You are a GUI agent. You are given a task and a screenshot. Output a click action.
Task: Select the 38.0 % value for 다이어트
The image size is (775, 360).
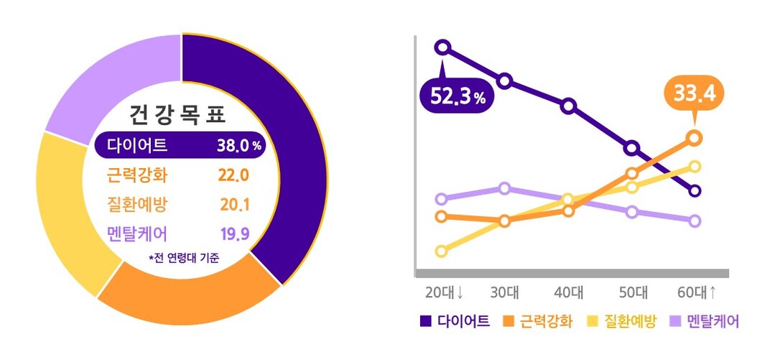click(238, 146)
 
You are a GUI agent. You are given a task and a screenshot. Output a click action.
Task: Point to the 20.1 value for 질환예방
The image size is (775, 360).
click(234, 205)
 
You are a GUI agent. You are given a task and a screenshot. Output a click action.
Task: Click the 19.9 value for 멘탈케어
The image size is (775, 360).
click(234, 234)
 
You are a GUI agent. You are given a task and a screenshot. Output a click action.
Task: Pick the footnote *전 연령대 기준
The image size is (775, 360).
click(183, 257)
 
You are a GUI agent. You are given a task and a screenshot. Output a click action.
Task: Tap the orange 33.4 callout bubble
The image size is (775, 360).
click(694, 93)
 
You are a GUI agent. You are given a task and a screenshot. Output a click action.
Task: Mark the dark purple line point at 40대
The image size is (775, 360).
click(568, 106)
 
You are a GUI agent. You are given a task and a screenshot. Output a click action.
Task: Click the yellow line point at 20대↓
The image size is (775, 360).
click(442, 251)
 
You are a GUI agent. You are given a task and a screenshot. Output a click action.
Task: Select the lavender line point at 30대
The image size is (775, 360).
click(504, 188)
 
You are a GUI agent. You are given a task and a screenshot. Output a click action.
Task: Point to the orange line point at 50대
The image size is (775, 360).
click(632, 173)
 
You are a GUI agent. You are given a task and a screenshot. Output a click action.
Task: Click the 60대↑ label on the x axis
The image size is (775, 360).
click(697, 292)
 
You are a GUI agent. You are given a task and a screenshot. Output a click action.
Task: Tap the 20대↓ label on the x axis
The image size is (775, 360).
click(445, 292)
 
